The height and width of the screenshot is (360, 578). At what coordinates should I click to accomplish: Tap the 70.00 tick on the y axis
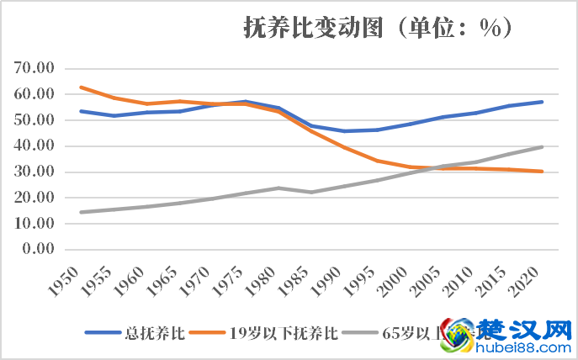(34, 68)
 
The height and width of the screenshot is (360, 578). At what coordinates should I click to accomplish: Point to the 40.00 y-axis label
(34, 146)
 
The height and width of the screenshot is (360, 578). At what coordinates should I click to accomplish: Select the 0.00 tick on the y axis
(38, 250)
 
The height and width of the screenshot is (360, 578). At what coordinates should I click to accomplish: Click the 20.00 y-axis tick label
(34, 199)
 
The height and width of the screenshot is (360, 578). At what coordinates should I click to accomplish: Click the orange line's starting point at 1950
(81, 87)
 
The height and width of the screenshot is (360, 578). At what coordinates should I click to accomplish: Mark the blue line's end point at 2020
(543, 102)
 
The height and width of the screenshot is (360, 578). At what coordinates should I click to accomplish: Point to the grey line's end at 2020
(543, 147)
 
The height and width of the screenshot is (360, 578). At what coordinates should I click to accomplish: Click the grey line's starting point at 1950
(81, 212)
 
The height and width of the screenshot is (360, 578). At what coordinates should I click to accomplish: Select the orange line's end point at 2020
(543, 172)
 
